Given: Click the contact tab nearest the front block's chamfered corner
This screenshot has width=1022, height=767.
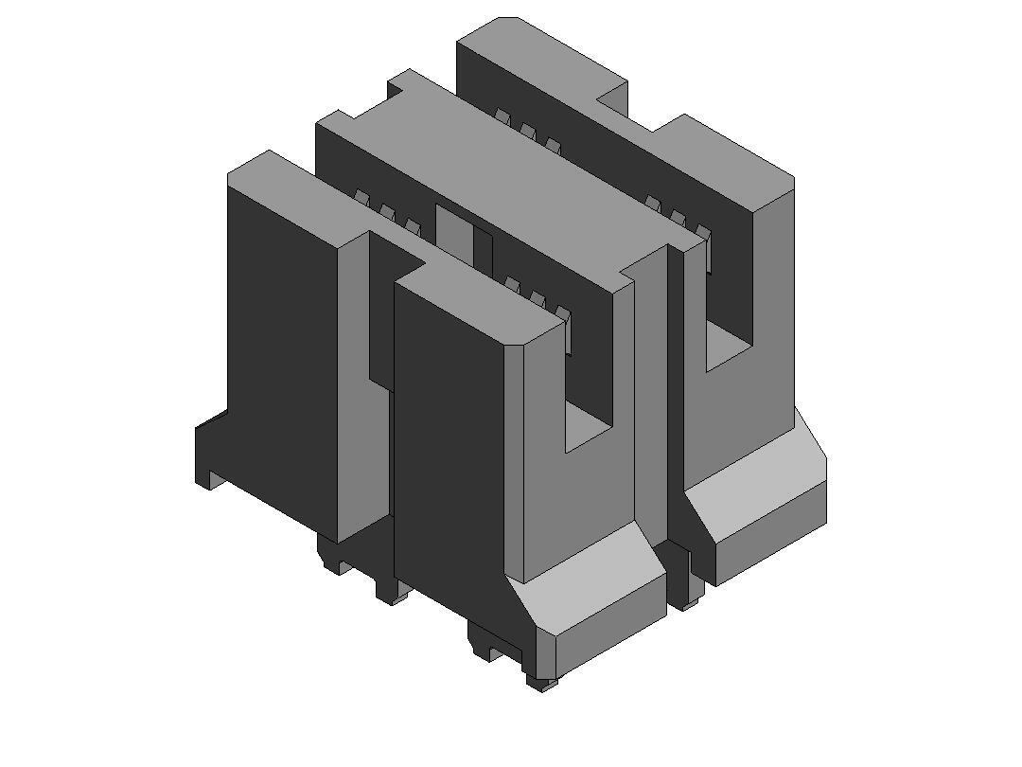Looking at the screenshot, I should coord(563,314).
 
